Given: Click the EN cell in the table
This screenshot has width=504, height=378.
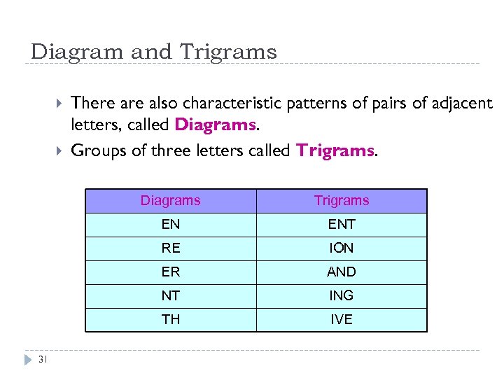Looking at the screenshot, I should coord(170,225).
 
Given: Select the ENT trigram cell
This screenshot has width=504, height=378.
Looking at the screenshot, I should coord(342,225).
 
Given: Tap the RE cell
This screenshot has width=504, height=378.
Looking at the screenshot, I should coord(170,248).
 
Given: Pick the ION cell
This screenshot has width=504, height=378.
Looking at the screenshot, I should coord(342,248).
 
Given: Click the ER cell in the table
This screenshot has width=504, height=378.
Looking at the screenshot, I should coord(170,272).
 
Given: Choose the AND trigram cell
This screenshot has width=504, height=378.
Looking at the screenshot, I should coord(342,272).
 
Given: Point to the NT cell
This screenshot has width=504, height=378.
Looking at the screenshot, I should coord(170,296).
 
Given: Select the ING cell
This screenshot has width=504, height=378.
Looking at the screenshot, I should coord(342,296).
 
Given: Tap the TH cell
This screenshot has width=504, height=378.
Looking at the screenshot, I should coord(170,320).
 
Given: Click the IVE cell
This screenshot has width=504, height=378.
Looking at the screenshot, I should coord(342,320).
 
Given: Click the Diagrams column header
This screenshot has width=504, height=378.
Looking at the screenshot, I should coord(170,201).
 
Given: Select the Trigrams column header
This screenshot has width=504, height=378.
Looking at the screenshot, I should coord(342,201).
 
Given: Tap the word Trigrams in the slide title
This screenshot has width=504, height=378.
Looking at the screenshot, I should coord(228,52).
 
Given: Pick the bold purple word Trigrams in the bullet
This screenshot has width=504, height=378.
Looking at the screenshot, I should coord(335,150).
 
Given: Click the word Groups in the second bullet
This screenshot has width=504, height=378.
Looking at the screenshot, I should coord(99,150).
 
